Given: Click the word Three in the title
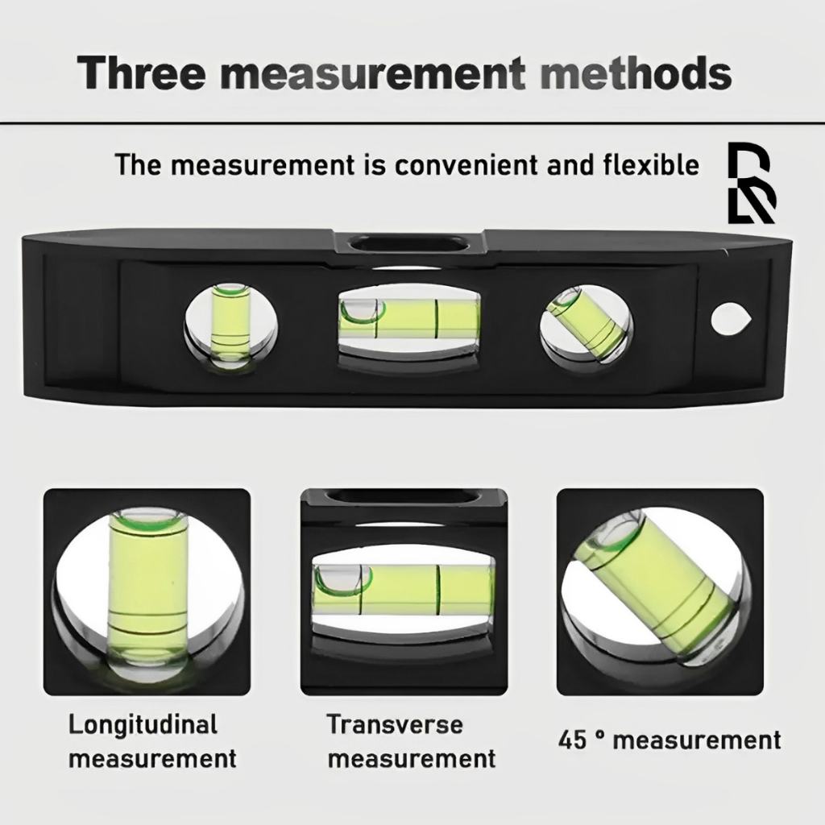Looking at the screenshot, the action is pyautogui.click(x=141, y=72).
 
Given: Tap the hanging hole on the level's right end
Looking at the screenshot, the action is pyautogui.click(x=730, y=319).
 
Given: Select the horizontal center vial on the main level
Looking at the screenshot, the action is pyautogui.click(x=410, y=319).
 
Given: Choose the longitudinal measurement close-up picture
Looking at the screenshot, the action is pyautogui.click(x=147, y=592).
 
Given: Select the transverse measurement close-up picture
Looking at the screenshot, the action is pyautogui.click(x=404, y=592).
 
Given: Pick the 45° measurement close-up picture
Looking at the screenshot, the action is pyautogui.click(x=660, y=592).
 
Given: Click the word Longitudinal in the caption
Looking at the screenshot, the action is pyautogui.click(x=143, y=726).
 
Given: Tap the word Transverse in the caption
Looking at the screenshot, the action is pyautogui.click(x=395, y=724).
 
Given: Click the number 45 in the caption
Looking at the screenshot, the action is pyautogui.click(x=572, y=740).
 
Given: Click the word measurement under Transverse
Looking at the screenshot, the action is pyautogui.click(x=412, y=759).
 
